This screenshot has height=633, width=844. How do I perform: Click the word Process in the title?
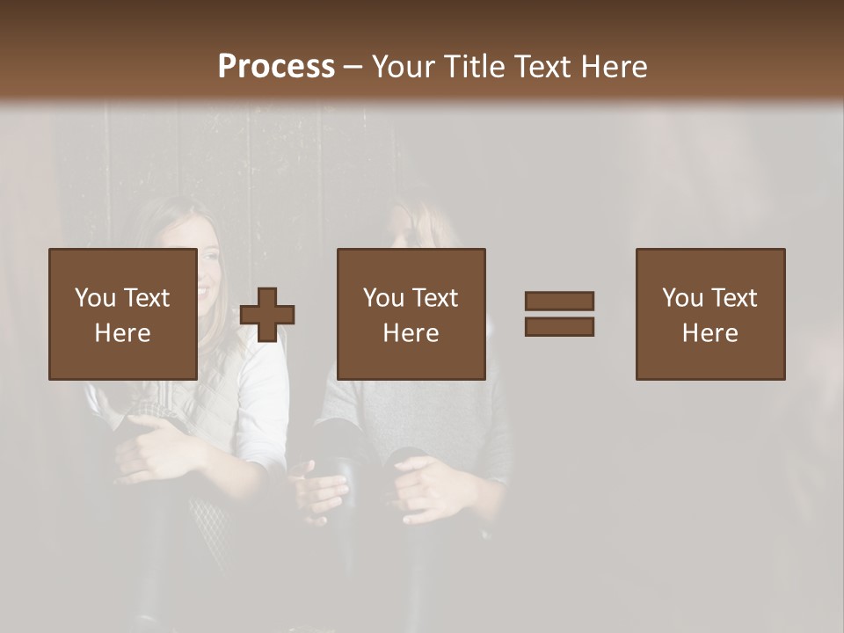(276, 67)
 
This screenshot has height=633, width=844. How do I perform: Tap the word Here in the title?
(612, 67)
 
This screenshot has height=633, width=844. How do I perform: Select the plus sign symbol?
(267, 315)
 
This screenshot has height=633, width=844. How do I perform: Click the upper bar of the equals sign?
(559, 302)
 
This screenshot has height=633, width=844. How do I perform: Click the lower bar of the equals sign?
(559, 327)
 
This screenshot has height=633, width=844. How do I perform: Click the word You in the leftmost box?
(94, 298)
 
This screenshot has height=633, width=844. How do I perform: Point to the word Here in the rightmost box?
(709, 333)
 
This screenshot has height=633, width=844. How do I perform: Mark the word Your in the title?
(404, 67)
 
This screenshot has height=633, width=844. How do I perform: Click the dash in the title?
(353, 67)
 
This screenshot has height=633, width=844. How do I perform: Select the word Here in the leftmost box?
(122, 333)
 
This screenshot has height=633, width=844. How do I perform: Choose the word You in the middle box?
(382, 298)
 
